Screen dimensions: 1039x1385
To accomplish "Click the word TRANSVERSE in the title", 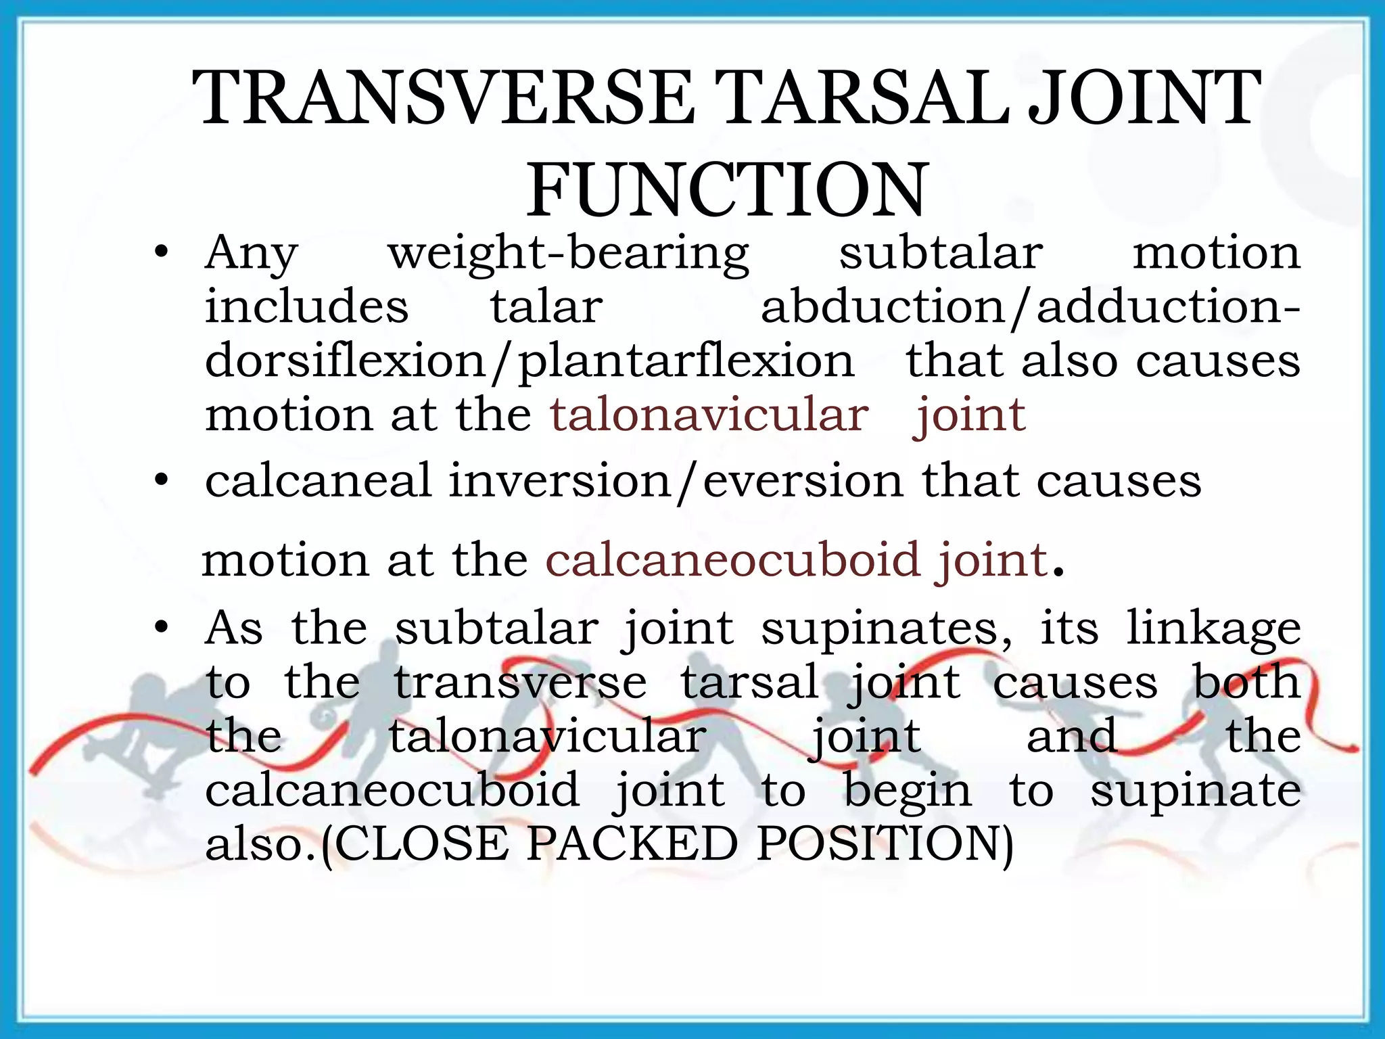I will (x=444, y=99).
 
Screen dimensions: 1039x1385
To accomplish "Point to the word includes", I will (x=306, y=306).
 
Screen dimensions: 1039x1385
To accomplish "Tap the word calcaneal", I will (x=318, y=480).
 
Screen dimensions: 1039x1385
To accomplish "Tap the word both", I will (x=1246, y=682).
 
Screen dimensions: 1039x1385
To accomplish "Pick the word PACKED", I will (x=632, y=844).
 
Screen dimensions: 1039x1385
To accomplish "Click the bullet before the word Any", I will (x=160, y=254).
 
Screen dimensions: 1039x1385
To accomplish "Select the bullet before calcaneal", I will (x=160, y=481).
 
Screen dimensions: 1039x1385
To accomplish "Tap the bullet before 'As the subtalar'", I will (x=160, y=628).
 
